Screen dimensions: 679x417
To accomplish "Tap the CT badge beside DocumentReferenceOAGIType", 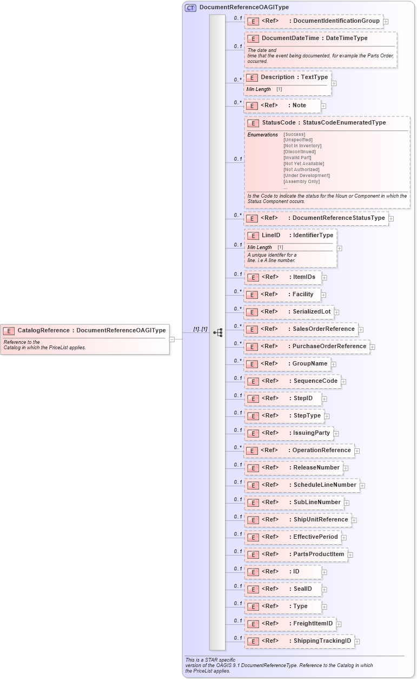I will click(190, 8).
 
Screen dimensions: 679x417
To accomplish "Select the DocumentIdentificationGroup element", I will click(314, 21).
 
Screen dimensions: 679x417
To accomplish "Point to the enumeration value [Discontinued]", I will click(299, 152).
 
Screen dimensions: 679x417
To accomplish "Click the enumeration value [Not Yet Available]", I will click(303, 164).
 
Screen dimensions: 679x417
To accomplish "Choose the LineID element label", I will click(270, 236).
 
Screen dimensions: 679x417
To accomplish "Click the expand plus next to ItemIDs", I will click(325, 277).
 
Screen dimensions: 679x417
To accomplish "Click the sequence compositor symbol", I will click(217, 332).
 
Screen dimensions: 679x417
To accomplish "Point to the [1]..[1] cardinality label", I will click(200, 329).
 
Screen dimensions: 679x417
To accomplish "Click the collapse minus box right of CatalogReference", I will click(172, 339).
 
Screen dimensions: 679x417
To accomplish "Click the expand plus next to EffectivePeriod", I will click(344, 537).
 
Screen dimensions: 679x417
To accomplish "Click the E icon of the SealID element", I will click(253, 589).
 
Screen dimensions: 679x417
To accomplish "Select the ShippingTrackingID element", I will click(300, 641).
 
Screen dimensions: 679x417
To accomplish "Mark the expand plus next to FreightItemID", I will click(339, 624).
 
